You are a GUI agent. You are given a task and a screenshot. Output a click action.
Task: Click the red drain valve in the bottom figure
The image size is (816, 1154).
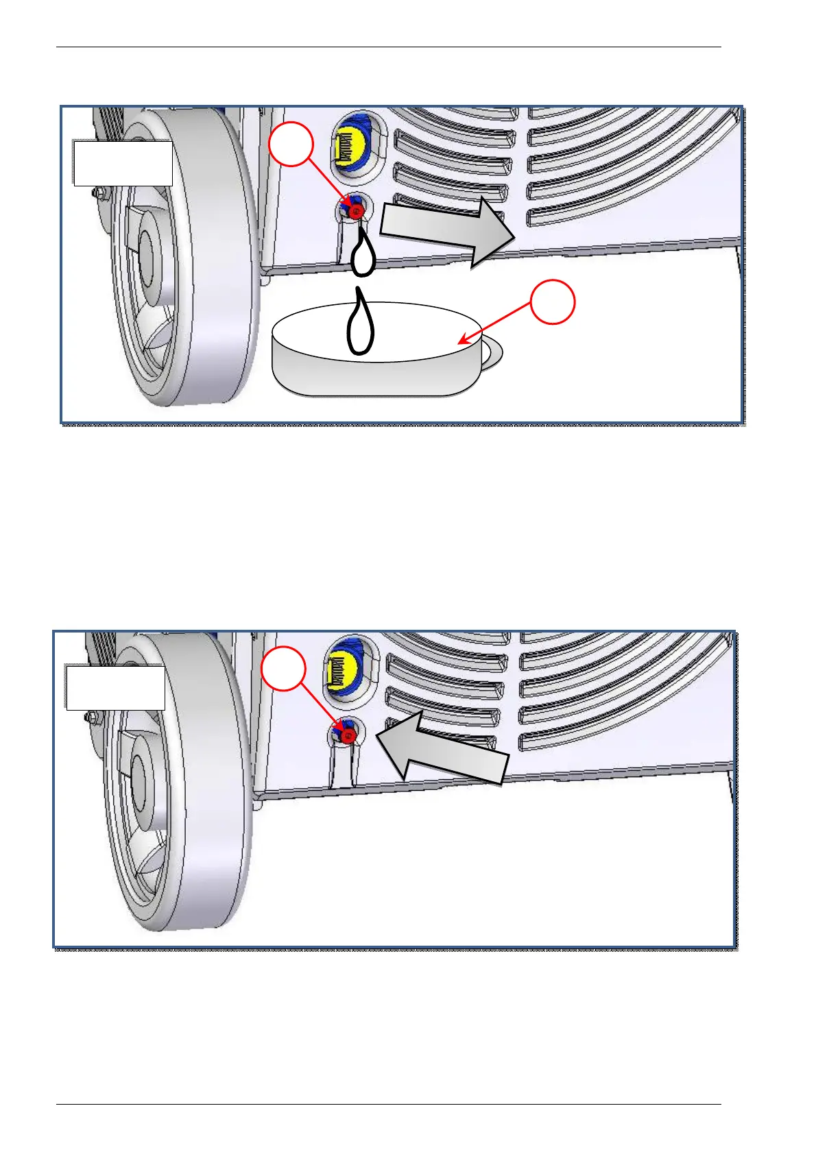[x=348, y=735]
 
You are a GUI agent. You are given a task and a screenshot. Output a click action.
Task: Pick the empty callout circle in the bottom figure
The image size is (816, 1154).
[x=283, y=668]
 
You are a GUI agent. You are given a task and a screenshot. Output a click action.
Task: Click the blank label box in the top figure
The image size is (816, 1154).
[x=123, y=163]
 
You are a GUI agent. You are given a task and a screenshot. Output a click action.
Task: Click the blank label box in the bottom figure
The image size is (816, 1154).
[x=115, y=687]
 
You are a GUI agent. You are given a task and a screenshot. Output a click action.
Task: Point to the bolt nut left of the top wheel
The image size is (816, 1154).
[x=100, y=193]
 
